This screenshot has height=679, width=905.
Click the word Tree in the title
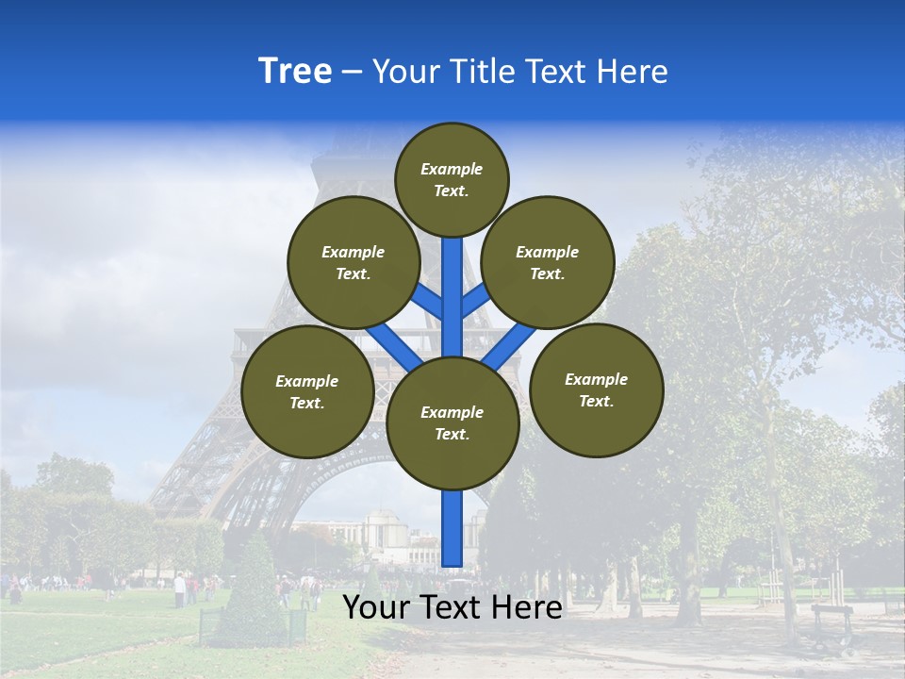click(x=295, y=72)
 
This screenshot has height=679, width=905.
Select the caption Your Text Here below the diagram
click(x=452, y=607)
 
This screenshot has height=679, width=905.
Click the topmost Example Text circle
click(x=452, y=179)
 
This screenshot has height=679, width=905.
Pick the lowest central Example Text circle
click(x=452, y=423)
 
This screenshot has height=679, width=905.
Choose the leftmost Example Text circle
click(x=307, y=392)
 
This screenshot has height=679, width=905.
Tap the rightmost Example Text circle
click(x=597, y=390)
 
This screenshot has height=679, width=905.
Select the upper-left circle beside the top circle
click(x=354, y=263)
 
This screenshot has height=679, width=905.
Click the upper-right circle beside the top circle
click(x=548, y=263)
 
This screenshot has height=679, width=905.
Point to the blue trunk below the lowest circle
click(x=452, y=528)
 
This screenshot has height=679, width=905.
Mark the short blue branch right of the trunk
click(x=476, y=300)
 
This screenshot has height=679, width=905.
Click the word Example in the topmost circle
click(x=452, y=169)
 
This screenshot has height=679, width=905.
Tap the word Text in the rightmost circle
click(x=596, y=402)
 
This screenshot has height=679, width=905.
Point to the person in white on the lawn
click(x=179, y=590)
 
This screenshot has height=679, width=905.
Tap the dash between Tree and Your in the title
click(x=353, y=73)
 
